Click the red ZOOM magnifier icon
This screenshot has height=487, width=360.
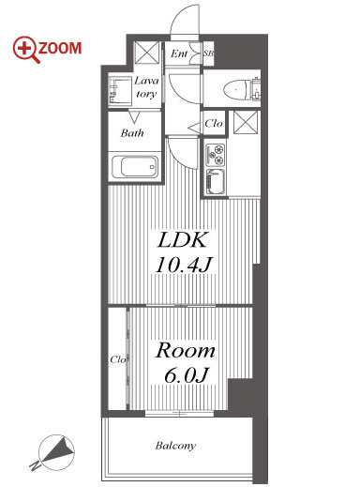click(25, 50)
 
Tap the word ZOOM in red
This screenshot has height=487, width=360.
click(60, 49)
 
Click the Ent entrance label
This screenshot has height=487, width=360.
click(179, 53)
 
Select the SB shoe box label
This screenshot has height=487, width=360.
click(208, 53)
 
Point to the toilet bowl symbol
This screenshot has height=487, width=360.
click(236, 90)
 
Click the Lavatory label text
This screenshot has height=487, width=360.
click(146, 87)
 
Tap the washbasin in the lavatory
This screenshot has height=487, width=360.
click(120, 90)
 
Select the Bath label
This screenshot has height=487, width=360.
click(132, 133)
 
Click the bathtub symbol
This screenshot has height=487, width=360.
click(135, 167)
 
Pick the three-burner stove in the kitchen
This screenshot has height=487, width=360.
click(216, 155)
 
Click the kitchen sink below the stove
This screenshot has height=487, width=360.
click(216, 182)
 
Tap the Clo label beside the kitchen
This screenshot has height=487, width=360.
click(214, 124)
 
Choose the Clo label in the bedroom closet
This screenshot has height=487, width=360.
click(118, 359)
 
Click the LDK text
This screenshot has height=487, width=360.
click(183, 240)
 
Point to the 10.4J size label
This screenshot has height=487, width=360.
click(184, 265)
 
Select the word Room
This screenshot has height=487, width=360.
click(186, 351)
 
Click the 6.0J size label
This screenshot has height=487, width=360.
click(186, 375)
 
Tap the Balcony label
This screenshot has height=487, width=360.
click(175, 446)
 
